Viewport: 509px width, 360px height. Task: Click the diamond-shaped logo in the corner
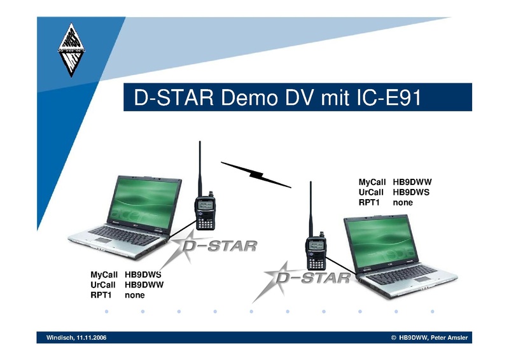71,50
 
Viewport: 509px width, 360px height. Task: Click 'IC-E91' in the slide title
389,97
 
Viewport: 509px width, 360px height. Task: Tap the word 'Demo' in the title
249,97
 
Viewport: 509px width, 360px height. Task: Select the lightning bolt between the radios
256,175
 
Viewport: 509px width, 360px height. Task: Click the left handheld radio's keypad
205,223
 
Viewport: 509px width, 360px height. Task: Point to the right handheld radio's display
316,246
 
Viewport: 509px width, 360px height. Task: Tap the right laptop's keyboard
403,272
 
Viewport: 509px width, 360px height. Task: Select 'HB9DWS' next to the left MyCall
143,275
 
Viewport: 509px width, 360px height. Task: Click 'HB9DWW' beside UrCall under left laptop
144,285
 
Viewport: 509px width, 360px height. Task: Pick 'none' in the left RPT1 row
135,295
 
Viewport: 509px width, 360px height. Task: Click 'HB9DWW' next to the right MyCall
412,182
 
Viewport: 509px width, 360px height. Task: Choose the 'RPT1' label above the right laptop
369,202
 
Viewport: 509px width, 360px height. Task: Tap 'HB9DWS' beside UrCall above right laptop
411,192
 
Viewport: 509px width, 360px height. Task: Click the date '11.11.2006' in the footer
91,338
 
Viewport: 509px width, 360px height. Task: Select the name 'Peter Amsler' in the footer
449,338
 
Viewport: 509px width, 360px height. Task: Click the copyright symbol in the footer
394,338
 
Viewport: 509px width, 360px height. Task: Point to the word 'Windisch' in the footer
60,338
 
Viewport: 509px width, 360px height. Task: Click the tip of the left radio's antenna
200,141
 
